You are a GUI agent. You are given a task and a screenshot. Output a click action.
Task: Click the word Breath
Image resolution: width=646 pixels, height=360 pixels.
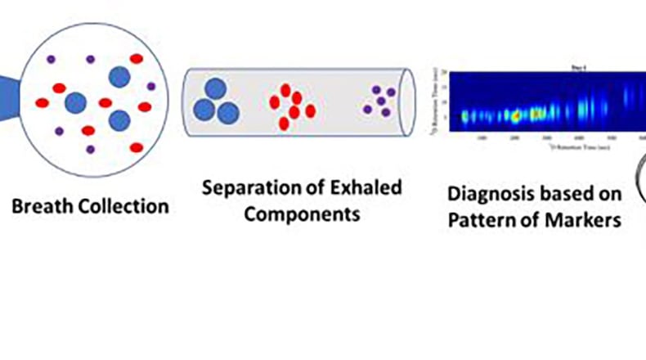41,205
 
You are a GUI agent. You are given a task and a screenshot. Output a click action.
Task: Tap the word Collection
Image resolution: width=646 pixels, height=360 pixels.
120,205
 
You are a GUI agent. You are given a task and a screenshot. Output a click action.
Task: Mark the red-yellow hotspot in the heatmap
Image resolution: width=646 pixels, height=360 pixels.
516,116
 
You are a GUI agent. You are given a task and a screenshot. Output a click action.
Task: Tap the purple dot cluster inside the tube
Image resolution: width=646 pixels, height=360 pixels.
380,100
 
